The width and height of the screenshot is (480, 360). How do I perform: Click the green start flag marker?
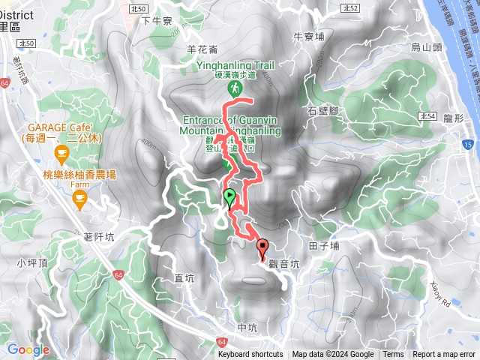[x=229, y=197]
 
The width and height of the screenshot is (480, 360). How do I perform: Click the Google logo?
[x=28, y=349]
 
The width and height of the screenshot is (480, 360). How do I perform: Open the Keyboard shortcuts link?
[x=250, y=355]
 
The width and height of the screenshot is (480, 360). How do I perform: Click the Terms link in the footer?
[x=393, y=355]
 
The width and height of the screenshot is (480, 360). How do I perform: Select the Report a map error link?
[x=444, y=355]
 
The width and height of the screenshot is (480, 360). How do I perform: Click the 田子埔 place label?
[x=324, y=245]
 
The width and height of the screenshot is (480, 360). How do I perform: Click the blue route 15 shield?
[x=468, y=143]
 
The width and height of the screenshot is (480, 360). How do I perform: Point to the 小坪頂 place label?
[x=31, y=262]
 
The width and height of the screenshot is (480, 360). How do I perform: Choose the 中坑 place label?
[x=247, y=327]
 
